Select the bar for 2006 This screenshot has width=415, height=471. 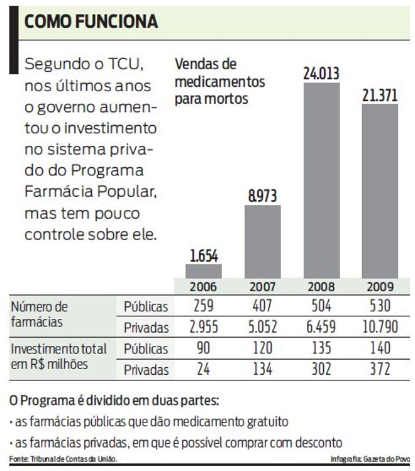pos(203,271)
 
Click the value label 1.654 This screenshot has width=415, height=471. pos(203,256)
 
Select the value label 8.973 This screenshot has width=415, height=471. pos(262,196)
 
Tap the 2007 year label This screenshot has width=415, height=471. pos(262,287)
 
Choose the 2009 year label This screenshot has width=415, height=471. pos(379,287)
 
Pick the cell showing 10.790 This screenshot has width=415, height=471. pos(379,327)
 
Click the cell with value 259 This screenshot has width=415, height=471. pos(203,307)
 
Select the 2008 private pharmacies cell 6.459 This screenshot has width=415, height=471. pos(321,327)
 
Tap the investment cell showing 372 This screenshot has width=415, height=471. pos(379,369)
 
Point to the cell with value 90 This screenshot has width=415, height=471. pos(203,348)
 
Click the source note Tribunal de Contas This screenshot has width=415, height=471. pos(64,458)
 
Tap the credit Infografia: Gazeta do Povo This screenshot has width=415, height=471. pos(370,458)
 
